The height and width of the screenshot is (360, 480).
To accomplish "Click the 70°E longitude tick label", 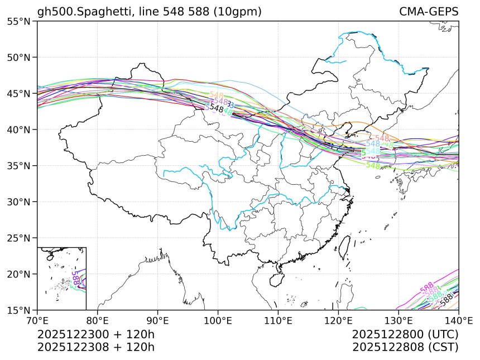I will point(37,320).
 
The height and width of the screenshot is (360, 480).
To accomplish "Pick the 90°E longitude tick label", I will point(158,320).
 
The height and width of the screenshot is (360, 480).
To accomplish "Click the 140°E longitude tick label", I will point(458,320).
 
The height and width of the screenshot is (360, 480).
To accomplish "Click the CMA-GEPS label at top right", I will point(429,12).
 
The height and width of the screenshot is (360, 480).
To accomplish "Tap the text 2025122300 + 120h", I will point(95,335).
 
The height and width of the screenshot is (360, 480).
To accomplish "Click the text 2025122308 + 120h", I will point(95,347).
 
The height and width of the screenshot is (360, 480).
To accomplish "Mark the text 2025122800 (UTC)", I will point(405,335).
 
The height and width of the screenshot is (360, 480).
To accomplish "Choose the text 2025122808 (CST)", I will point(405,347).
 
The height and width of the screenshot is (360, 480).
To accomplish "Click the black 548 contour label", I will point(217,109).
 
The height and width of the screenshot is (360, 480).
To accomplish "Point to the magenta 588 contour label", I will point(427,287).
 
